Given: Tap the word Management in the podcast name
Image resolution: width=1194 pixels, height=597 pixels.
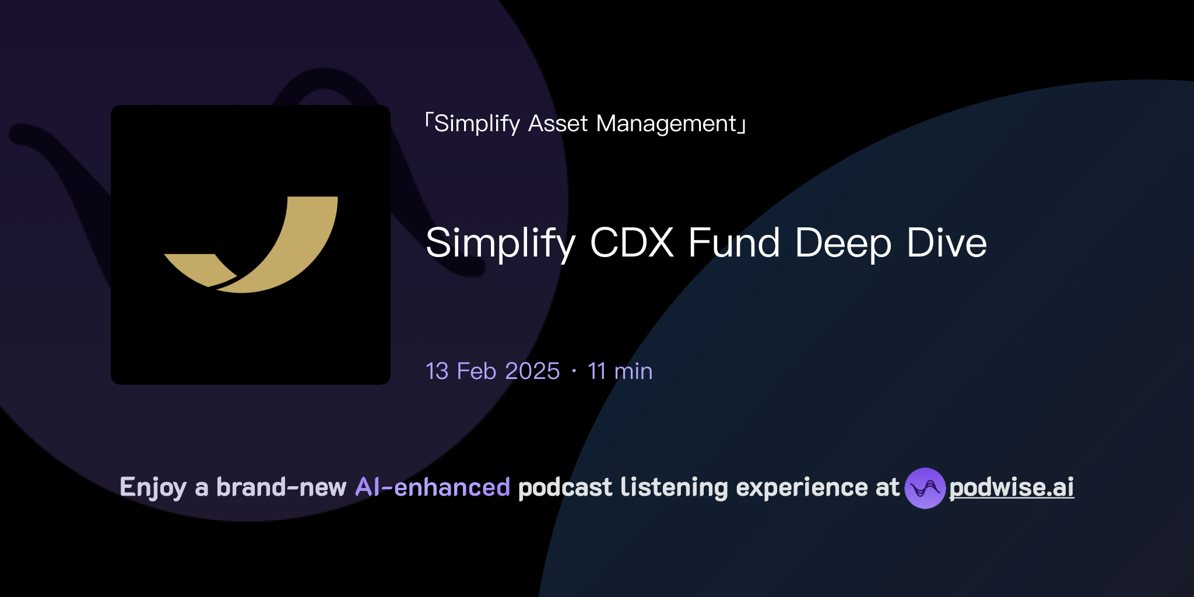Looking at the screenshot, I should pyautogui.click(x=666, y=124).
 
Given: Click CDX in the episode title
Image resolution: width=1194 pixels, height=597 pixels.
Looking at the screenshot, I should pyautogui.click(x=631, y=243).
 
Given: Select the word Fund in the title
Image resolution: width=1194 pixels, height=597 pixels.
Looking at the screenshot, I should pyautogui.click(x=733, y=243).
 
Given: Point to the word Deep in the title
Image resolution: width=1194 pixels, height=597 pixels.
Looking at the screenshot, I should pyautogui.click(x=842, y=244).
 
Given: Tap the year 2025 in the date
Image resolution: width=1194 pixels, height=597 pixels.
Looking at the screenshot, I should pyautogui.click(x=532, y=371).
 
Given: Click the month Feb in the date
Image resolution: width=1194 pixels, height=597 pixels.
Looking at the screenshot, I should pyautogui.click(x=476, y=371).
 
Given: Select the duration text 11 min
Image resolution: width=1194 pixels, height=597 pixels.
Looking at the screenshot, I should pyautogui.click(x=620, y=371).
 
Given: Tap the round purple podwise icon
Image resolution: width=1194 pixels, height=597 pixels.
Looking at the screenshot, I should pyautogui.click(x=925, y=488).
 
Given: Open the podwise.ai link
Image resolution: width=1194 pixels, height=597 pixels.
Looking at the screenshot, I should pyautogui.click(x=1012, y=488).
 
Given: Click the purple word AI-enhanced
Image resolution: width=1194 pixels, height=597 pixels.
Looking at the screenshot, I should pyautogui.click(x=433, y=487).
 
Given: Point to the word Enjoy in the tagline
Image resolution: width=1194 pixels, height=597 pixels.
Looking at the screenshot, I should pyautogui.click(x=153, y=488).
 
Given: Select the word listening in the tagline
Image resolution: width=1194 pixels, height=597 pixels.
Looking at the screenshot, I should pyautogui.click(x=674, y=487).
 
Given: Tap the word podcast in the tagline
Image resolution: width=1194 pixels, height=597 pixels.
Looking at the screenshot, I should pyautogui.click(x=565, y=488).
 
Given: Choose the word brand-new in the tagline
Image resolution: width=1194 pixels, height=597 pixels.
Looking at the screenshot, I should pyautogui.click(x=281, y=487).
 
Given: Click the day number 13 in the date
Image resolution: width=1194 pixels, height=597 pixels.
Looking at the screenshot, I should pyautogui.click(x=437, y=371).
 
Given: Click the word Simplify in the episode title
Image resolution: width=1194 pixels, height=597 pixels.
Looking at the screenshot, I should pyautogui.click(x=500, y=244).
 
